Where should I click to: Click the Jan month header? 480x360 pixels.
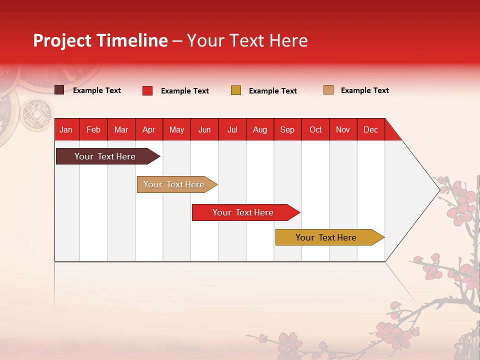[x=66, y=129]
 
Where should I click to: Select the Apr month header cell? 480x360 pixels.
[x=149, y=129]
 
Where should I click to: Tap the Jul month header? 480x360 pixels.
[x=232, y=129]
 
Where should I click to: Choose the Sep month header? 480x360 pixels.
[x=287, y=129]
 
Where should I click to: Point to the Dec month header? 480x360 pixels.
[x=370, y=129]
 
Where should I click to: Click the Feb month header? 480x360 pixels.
[x=93, y=129]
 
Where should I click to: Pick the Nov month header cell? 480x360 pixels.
[x=343, y=129]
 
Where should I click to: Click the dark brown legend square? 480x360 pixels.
[x=59, y=90]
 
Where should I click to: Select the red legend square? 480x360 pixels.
[x=147, y=90]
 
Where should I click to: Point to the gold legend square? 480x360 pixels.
[x=236, y=90]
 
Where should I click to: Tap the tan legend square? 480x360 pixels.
[x=328, y=90]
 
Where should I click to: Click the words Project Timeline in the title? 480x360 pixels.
[x=100, y=40]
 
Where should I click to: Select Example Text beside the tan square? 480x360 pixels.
[x=364, y=90]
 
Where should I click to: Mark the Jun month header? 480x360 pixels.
[x=204, y=129]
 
